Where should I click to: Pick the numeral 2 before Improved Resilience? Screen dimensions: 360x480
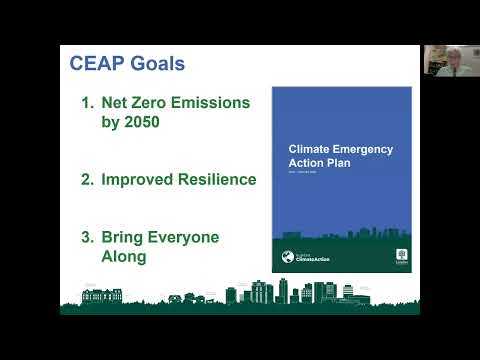point(86,179)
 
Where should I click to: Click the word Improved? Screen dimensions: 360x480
point(139,179)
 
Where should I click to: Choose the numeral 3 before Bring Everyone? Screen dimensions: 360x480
point(86,237)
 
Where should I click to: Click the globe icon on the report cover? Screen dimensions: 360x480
point(286,255)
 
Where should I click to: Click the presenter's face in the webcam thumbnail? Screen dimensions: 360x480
point(443,57)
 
